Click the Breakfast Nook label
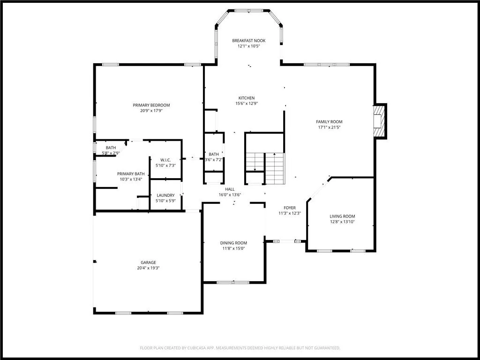click(248, 40)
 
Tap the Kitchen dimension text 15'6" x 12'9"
click(247, 104)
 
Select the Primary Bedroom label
click(151, 105)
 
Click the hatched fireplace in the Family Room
click(379, 121)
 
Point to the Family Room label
click(329, 121)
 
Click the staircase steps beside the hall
click(265, 168)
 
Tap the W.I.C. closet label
click(165, 160)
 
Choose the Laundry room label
click(165, 195)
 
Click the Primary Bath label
click(131, 174)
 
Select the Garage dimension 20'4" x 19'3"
click(148, 268)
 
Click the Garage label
click(148, 262)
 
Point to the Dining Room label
click(233, 243)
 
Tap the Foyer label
click(290, 208)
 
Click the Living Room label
click(342, 217)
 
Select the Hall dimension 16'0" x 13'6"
click(230, 195)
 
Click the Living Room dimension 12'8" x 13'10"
click(342, 222)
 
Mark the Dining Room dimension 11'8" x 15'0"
click(233, 248)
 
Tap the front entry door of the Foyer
click(287, 241)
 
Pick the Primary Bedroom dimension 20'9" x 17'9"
click(151, 111)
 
